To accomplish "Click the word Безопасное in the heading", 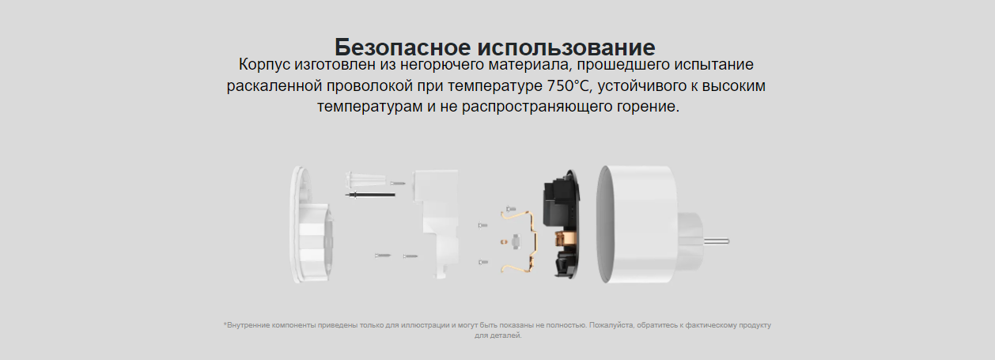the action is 402,47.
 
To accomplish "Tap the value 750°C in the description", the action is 569,85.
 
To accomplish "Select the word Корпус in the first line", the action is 264,65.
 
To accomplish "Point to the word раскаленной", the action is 274,85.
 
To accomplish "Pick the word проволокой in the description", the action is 369,85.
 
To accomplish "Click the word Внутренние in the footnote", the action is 247,325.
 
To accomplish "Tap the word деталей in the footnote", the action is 507,335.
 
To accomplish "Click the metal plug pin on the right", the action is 716,242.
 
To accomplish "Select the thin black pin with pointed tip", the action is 370,195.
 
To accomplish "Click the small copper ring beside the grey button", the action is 504,241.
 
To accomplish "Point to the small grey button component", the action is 516,241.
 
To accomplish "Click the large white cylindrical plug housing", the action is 635,224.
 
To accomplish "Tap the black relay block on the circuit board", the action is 557,203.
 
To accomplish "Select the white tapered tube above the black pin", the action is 365,180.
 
